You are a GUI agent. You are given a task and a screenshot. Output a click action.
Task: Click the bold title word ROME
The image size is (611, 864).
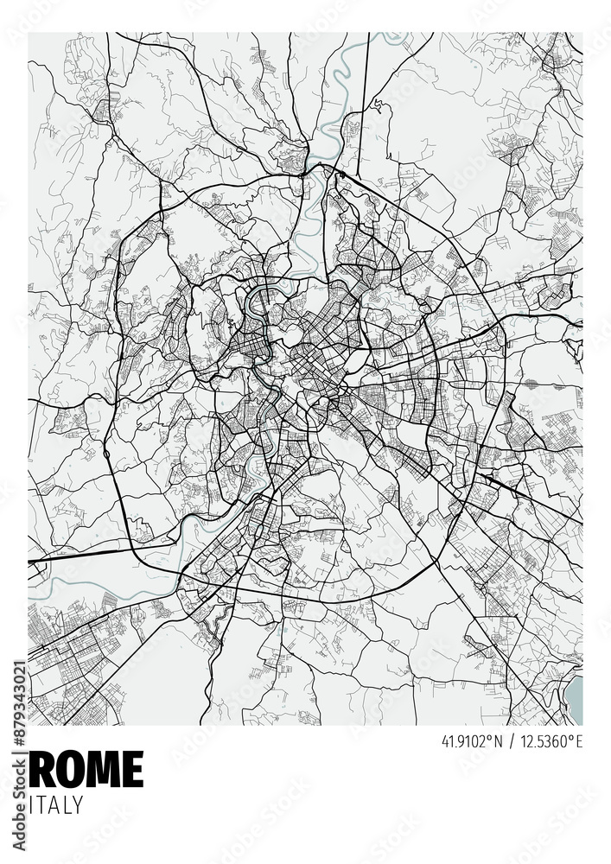coord(86,769)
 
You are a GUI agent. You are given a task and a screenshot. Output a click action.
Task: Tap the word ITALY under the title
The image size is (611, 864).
coord(56,804)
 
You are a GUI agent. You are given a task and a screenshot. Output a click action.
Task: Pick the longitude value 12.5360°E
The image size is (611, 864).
coord(551,741)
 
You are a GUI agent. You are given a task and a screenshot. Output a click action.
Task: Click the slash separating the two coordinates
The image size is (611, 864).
coord(512,741)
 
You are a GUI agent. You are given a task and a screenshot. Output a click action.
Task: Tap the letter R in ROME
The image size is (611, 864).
coord(42,769)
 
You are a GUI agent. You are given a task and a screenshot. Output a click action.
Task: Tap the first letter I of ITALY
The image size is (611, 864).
coord(31,804)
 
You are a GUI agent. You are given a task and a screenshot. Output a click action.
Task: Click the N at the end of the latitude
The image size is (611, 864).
coord(499,741)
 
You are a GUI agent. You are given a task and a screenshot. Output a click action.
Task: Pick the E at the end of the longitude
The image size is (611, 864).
coord(579,741)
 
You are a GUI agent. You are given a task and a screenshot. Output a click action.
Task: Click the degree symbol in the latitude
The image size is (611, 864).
coord(491,737)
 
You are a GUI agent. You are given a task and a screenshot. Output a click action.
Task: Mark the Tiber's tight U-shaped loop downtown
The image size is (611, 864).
coord(257,302)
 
